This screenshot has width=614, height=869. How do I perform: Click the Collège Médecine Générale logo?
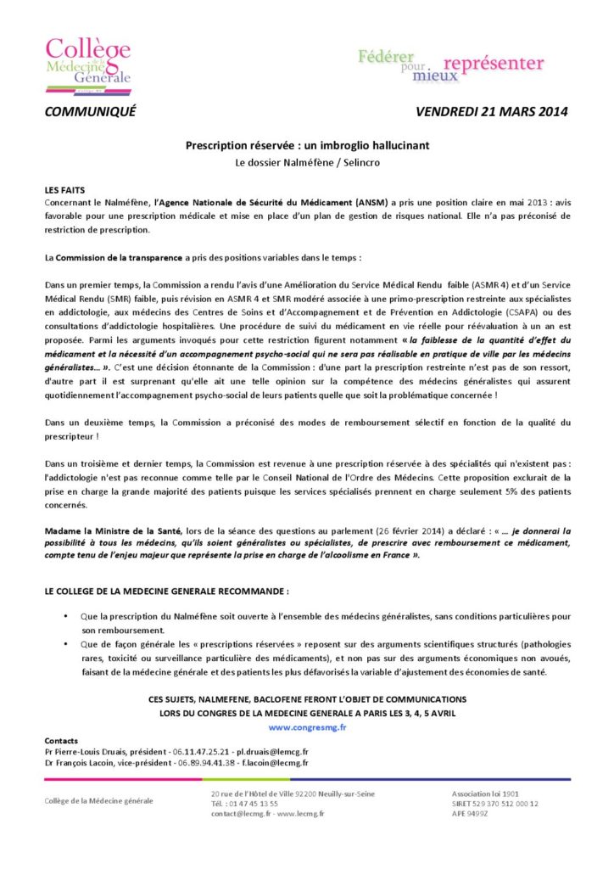[x=88, y=62]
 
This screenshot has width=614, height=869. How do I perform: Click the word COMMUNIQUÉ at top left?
[x=90, y=112]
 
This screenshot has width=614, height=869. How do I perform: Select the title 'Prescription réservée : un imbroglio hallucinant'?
[x=307, y=145]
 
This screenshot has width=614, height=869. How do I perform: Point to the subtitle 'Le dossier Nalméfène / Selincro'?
[x=307, y=161]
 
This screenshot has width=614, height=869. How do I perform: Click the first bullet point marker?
[x=65, y=614]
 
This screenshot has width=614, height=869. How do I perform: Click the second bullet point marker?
[x=65, y=644]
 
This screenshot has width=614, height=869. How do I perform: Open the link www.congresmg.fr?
[x=307, y=727]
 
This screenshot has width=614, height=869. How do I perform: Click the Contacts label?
[x=61, y=740]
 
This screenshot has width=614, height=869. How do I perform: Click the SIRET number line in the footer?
[x=495, y=803]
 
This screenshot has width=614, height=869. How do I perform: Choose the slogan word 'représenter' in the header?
[x=494, y=64]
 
